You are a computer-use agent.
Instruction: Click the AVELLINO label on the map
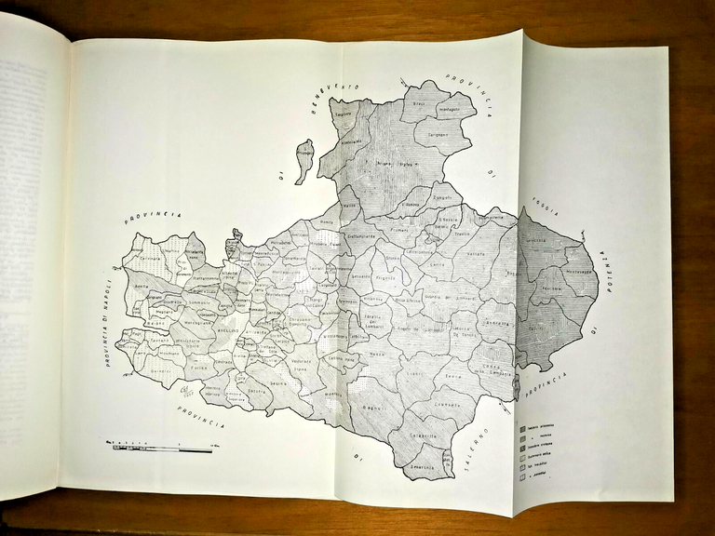pos(229,330)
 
